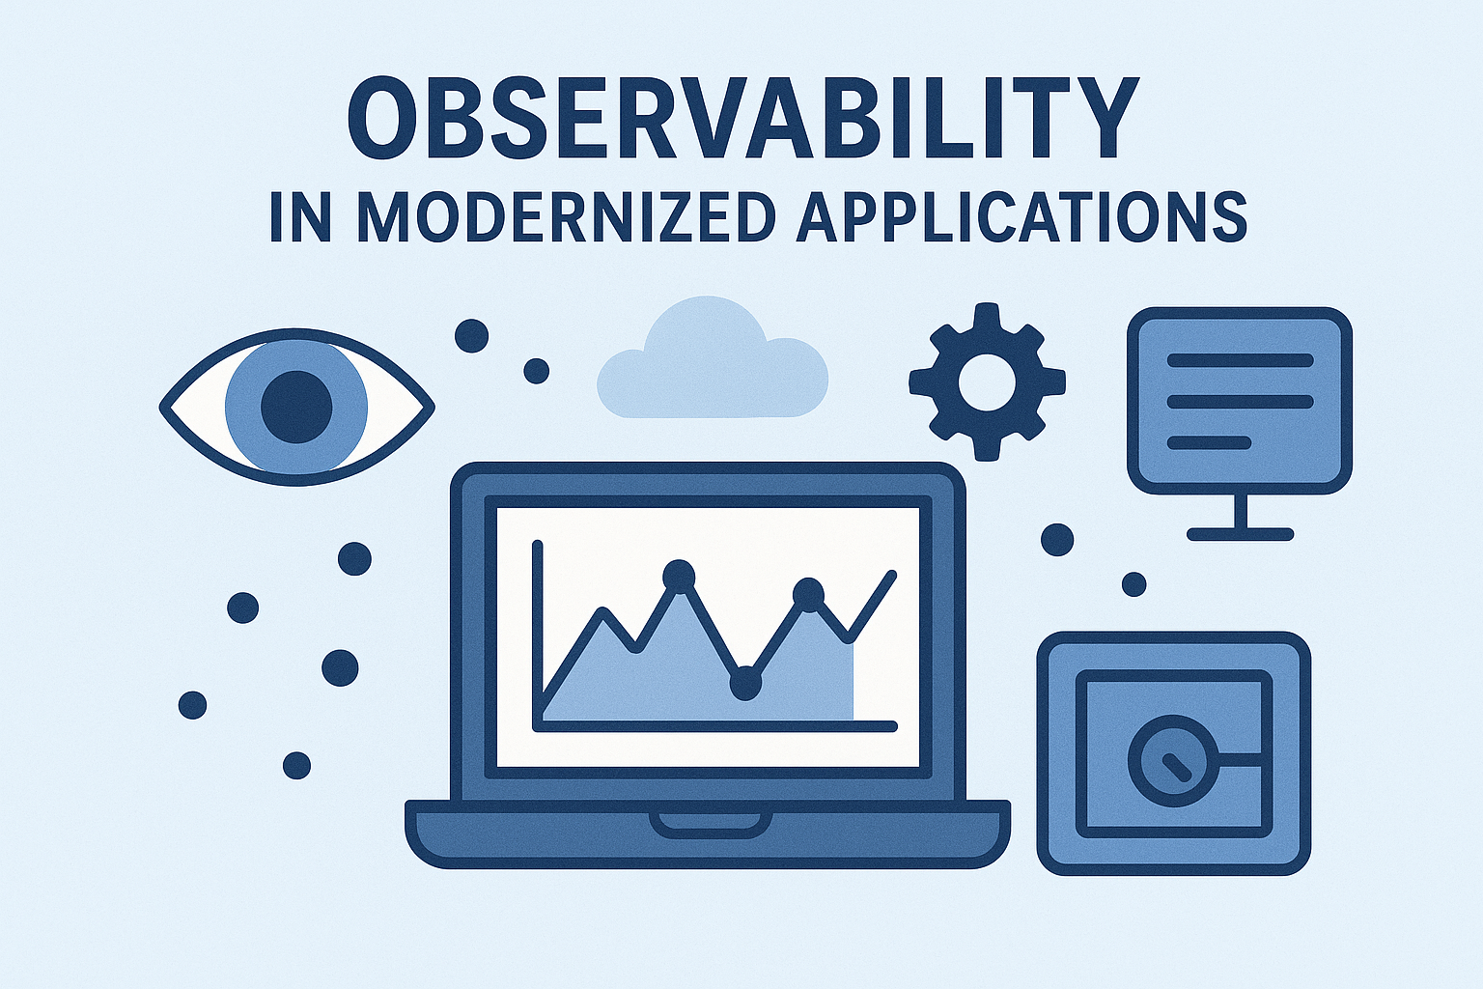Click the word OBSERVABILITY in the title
[x=742, y=118]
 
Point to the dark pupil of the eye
[x=296, y=406]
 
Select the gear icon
[x=987, y=381]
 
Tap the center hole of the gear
[x=987, y=382]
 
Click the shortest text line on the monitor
[x=1208, y=442]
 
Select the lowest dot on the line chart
[x=745, y=684]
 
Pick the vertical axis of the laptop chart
[x=538, y=636]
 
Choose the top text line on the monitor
[x=1240, y=360]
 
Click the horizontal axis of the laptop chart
[x=715, y=726]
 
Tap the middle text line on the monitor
[x=1240, y=402]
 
